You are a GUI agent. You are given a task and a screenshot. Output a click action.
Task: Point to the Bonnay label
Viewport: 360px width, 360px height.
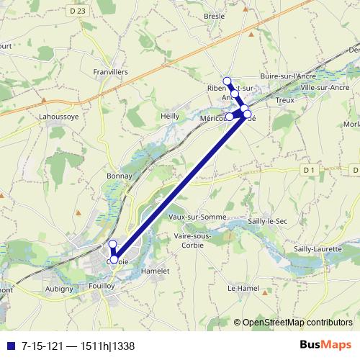pyautogui.click(x=118, y=176)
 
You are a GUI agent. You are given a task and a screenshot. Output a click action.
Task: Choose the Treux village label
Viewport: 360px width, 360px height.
pyautogui.click(x=284, y=101)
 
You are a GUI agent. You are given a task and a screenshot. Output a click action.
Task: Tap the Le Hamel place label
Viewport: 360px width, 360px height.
pyautogui.click(x=242, y=288)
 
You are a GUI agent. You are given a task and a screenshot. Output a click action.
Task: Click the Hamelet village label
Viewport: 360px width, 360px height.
pyautogui.click(x=155, y=271)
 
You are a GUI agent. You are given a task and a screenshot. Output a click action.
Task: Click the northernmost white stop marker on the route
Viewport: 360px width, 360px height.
pyautogui.click(x=228, y=81)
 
